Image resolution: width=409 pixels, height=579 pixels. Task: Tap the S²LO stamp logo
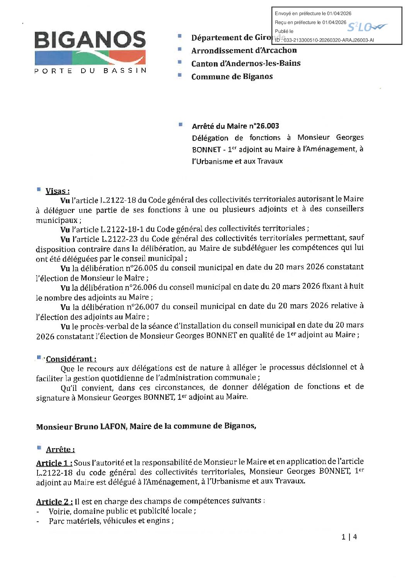(367, 27)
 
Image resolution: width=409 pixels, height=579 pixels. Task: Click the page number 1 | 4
(349, 537)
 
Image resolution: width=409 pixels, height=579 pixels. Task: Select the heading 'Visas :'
(58, 191)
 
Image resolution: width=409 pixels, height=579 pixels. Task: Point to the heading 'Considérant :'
(71, 359)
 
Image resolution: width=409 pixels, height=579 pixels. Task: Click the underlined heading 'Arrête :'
(60, 450)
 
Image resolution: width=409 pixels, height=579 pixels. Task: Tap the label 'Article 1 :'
(54, 463)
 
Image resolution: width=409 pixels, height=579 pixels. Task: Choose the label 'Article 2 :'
(55, 502)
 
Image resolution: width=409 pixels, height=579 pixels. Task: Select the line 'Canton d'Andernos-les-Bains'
(246, 63)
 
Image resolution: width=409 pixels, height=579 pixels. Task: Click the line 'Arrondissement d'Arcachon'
(244, 51)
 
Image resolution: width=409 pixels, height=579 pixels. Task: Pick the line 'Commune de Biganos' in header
(232, 77)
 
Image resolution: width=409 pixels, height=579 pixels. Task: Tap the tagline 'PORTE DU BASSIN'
(90, 71)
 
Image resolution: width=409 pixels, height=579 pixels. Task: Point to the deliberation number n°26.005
(141, 268)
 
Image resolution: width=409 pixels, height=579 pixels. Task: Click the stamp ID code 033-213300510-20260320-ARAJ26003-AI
(329, 40)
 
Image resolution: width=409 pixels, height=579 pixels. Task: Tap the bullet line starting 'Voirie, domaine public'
(122, 511)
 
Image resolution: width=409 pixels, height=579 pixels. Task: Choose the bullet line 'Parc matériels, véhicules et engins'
(111, 521)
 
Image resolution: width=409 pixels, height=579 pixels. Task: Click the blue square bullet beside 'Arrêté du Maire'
(181, 125)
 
